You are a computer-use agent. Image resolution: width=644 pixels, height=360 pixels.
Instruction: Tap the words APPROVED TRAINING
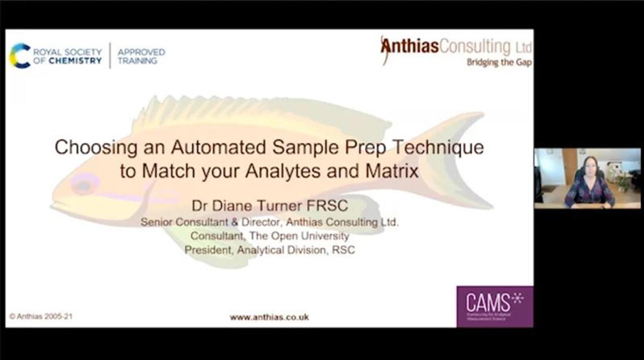click(x=141, y=56)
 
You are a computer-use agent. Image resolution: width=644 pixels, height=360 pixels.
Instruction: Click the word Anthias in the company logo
click(x=410, y=46)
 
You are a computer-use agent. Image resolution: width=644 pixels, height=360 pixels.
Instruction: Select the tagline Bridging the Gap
click(x=499, y=62)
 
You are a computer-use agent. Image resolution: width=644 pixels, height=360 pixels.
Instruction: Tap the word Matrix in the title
click(x=392, y=171)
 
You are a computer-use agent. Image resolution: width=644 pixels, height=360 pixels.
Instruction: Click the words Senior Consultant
click(x=184, y=222)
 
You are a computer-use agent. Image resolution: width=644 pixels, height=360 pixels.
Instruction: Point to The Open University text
click(x=299, y=236)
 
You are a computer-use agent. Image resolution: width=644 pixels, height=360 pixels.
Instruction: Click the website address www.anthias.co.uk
click(x=269, y=317)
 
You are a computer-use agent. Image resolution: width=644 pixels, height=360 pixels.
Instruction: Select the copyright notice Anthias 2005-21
click(x=41, y=316)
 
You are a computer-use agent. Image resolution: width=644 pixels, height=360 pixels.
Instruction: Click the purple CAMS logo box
click(x=495, y=306)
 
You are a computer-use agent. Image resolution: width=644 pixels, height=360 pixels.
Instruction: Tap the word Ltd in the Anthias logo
click(x=523, y=48)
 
